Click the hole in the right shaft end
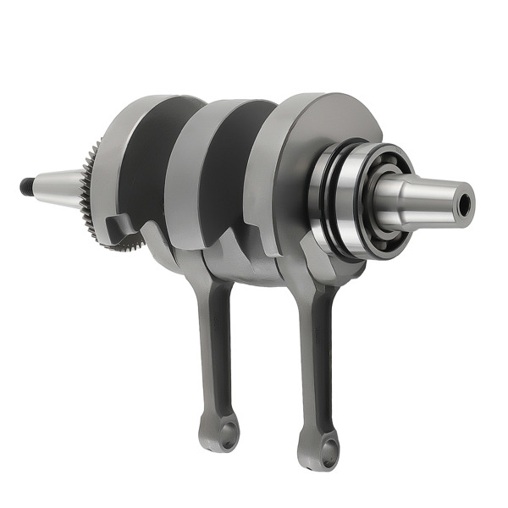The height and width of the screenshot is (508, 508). point(463,202)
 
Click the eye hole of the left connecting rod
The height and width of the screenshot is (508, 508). point(226,435)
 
